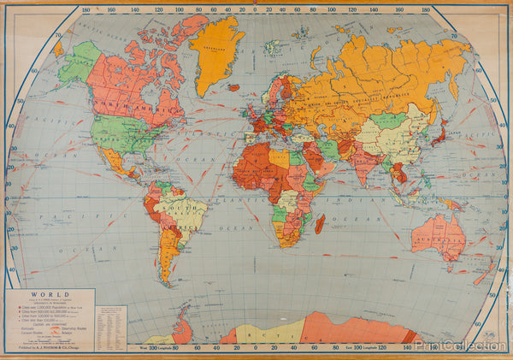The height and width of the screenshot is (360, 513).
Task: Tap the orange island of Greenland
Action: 216,51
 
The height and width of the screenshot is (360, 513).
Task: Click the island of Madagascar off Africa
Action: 320,223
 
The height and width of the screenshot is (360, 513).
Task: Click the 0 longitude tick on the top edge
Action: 257,10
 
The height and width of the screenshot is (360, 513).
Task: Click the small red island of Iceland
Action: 233,86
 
